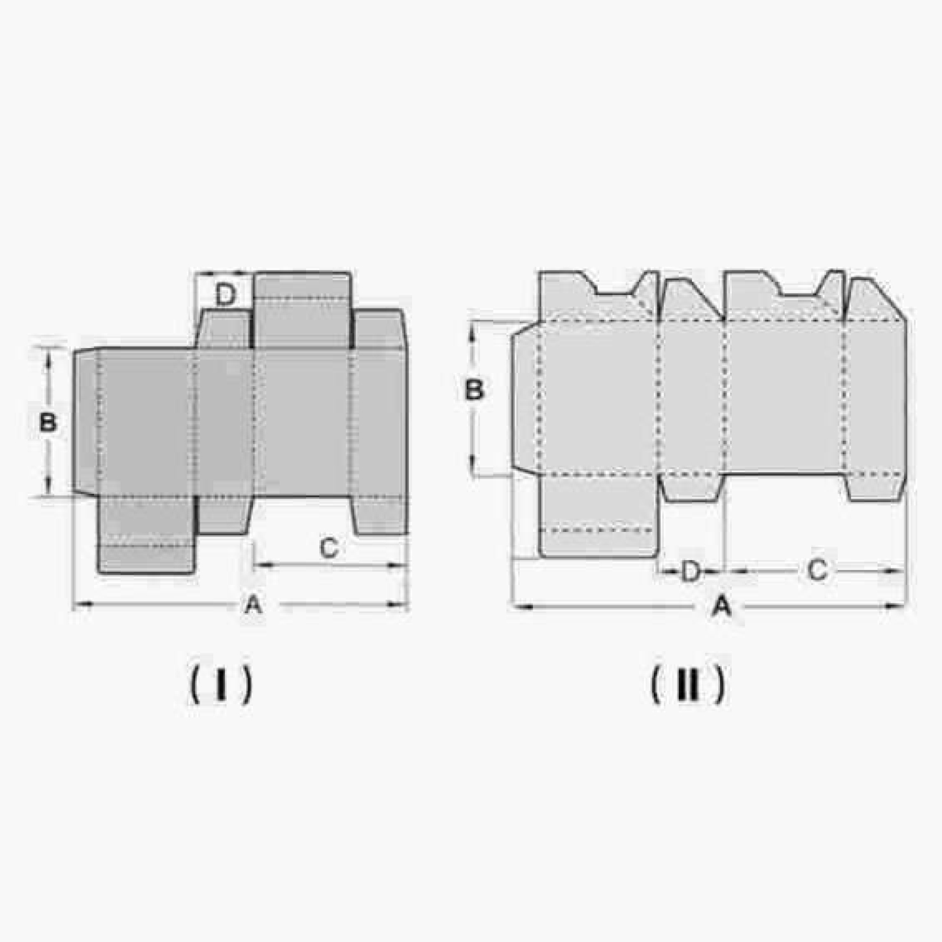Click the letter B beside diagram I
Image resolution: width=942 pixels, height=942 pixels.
48,422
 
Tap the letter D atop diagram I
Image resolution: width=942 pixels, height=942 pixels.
225,294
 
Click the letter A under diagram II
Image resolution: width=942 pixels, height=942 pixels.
722,605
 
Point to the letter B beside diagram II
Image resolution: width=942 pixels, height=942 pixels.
475,390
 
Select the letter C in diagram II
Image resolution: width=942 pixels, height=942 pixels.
817,570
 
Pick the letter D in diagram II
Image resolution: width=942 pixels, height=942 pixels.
691,570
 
